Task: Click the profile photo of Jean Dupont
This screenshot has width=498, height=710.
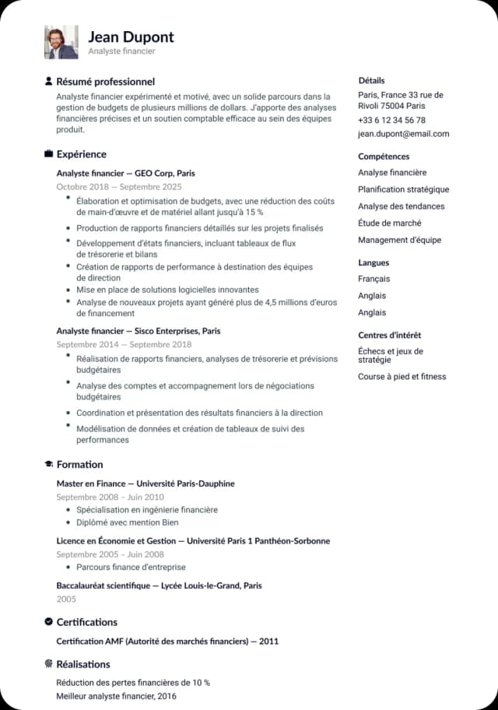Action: point(61,42)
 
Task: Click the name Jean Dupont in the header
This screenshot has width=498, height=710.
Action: point(131,37)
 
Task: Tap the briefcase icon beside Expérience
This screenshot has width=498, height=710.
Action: point(48,154)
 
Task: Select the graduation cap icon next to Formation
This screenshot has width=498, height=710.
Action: point(48,465)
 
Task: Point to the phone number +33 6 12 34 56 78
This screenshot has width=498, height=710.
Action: point(391,120)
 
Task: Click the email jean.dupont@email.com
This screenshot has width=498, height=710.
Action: point(403,134)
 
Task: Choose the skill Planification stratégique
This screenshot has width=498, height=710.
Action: point(403,189)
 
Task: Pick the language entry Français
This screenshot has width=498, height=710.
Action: point(374,279)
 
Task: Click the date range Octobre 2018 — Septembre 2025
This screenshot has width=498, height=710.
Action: point(119,187)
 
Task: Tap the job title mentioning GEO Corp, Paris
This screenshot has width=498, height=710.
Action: point(125,173)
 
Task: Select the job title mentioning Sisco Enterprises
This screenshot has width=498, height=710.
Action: point(139,331)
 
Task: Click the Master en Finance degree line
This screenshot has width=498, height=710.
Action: point(146,483)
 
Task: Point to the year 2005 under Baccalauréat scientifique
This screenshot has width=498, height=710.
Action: point(66,599)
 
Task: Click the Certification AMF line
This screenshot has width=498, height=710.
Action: point(167,641)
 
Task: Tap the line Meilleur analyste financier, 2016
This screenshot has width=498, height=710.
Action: point(117,696)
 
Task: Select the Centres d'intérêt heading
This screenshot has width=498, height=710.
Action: point(389,335)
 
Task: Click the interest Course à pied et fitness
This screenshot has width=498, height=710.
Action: point(402,377)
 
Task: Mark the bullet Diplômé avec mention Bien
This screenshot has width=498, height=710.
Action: point(127,522)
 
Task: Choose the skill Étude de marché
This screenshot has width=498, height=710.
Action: point(389,223)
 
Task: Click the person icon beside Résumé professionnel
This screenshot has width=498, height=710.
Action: point(48,81)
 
